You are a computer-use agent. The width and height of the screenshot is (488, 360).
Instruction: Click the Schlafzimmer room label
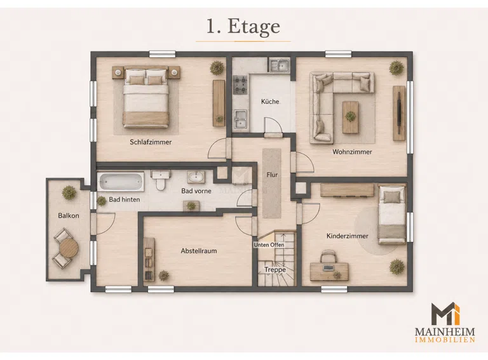151,142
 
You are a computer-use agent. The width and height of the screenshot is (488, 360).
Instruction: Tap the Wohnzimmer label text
352,152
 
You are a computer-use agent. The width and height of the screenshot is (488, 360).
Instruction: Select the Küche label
270,102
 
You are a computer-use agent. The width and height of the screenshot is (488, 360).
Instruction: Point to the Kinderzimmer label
347,236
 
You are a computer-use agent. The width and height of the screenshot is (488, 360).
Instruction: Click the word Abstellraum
199,251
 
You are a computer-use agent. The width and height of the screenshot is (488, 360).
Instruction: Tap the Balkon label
69,215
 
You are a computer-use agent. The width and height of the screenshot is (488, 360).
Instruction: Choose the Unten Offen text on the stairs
269,245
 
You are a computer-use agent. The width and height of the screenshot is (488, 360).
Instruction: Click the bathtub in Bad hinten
121,182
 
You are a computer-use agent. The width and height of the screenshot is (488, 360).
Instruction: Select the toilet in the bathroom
161,180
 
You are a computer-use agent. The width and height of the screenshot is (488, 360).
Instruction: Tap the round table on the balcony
69,248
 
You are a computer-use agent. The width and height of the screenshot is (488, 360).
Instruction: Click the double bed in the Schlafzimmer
146,97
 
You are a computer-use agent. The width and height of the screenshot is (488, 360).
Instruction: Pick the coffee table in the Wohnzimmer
350,117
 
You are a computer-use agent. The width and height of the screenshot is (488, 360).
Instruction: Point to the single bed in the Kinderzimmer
392,215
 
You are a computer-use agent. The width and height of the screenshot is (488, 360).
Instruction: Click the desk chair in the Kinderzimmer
328,257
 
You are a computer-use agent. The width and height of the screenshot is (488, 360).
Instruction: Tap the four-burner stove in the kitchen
240,84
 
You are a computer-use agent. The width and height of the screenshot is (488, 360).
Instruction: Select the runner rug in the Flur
272,183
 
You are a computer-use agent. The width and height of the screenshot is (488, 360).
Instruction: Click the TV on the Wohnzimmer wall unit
399,113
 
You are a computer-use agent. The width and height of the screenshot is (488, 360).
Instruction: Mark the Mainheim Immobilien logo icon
445,314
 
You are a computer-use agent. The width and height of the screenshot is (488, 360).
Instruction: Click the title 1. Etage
243,27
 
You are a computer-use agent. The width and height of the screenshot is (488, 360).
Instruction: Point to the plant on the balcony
69,193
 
